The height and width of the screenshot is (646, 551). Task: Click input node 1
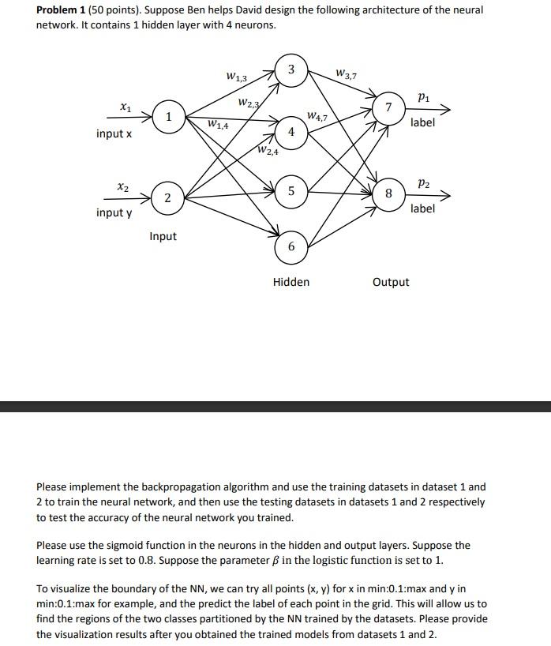pos(167,116)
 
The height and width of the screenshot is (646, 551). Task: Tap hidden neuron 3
pos(291,70)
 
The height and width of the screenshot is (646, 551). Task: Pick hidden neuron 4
pos(291,132)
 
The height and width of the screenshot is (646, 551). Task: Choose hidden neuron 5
pos(291,190)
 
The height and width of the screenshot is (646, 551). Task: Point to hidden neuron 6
pos(291,247)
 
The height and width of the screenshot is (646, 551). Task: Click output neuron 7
pos(388,107)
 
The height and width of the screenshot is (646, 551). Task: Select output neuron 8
pos(388,192)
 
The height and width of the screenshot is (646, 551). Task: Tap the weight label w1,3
pos(236,77)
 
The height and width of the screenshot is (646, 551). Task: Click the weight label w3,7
pos(346,75)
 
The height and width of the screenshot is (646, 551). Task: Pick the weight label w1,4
pos(218,125)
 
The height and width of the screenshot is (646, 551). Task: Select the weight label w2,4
pos(268,152)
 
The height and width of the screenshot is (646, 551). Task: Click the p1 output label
pos(423,97)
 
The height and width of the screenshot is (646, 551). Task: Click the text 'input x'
pos(114,133)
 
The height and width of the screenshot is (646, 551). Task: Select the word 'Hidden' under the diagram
pos(291,282)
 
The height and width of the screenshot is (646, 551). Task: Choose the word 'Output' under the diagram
pos(391,282)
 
